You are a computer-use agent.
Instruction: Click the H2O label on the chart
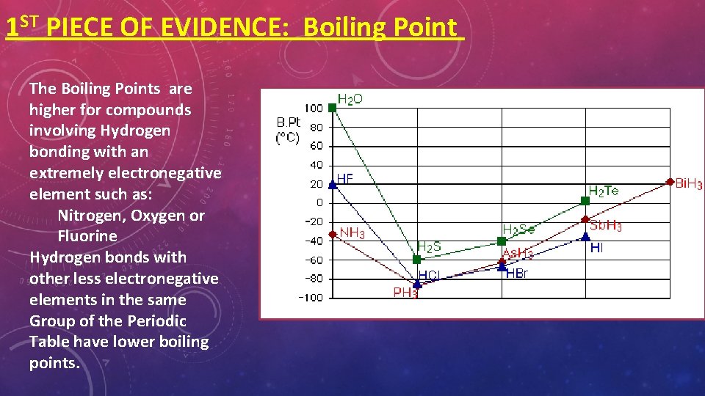(350, 99)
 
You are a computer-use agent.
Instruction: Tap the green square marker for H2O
(332, 108)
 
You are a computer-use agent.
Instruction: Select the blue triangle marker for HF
(332, 184)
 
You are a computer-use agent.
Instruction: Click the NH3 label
(352, 233)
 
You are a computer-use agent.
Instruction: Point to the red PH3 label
(405, 293)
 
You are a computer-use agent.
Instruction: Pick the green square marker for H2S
(417, 260)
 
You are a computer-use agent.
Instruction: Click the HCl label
(430, 276)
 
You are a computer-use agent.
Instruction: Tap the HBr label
(517, 274)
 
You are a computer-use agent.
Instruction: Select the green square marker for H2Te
(585, 200)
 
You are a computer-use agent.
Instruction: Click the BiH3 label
(689, 183)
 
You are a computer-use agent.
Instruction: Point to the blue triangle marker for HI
(585, 236)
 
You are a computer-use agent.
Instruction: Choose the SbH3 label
(606, 226)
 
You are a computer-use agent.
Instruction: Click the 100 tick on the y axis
(314, 109)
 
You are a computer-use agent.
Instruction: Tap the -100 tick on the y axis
(310, 297)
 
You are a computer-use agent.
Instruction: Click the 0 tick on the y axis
(319, 202)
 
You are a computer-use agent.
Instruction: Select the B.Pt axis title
(289, 121)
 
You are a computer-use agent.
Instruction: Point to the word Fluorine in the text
(87, 236)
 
